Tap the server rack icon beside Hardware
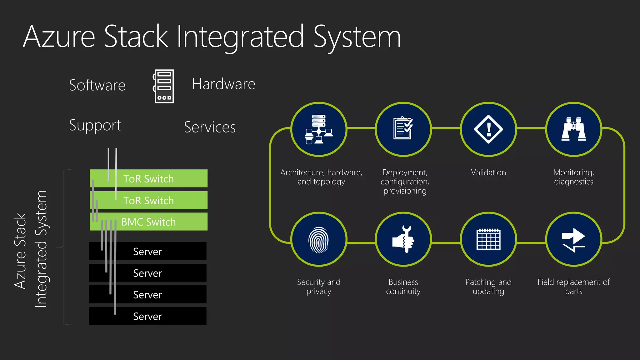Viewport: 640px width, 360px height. click(164, 86)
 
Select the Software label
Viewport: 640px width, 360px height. click(97, 85)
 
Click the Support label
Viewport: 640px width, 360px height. click(95, 125)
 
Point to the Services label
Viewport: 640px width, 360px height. click(210, 127)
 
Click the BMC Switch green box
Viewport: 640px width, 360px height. click(149, 222)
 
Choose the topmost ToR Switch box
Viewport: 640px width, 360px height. click(149, 179)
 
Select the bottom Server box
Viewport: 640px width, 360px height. click(147, 316)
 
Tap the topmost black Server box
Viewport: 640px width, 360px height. click(147, 251)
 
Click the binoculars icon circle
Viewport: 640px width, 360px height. click(573, 129)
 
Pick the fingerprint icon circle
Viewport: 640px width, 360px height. click(318, 239)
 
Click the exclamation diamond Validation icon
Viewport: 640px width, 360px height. click(488, 129)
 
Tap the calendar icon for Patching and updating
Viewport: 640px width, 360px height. click(488, 239)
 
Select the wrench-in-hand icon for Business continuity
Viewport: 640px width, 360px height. click(403, 239)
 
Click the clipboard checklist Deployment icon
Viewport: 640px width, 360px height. click(403, 129)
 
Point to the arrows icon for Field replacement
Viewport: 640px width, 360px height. click(573, 239)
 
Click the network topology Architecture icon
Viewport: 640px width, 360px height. click(318, 129)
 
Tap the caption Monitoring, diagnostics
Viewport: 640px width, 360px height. click(573, 177)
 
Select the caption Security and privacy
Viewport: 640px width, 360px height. click(318, 287)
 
